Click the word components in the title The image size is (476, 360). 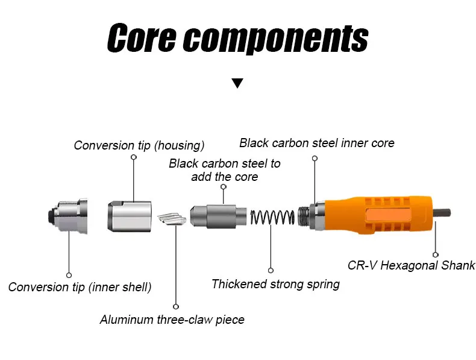coord(275,40)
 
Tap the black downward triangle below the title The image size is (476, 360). coord(237,84)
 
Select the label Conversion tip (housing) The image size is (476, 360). coord(139,145)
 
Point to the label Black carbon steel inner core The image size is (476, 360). coord(316,143)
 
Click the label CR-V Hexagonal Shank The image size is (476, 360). coord(412,265)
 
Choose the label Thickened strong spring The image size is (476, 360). coord(275,283)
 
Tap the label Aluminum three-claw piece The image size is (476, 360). coord(172,320)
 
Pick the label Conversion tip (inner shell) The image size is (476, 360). coord(80,286)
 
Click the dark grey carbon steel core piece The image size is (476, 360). coord(219,216)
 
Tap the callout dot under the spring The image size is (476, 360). coord(271,270)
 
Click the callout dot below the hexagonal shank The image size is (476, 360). coord(435,254)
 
